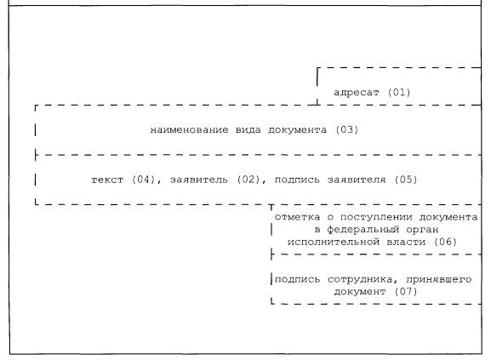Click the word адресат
pyautogui.click(x=357, y=93)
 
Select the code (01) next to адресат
pyautogui.click(x=399, y=93)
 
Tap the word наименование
pyautogui.click(x=190, y=130)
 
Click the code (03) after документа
pyautogui.click(x=346, y=129)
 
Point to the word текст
pyautogui.click(x=107, y=180)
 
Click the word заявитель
pyautogui.click(x=199, y=180)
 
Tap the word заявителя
pyautogui.click(x=357, y=180)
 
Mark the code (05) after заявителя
pyautogui.click(x=406, y=180)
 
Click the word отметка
pyautogui.click(x=298, y=217)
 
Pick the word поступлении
pyautogui.click(x=376, y=217)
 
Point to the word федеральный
pyautogui.click(x=363, y=230)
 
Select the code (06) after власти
pyautogui.click(x=445, y=242)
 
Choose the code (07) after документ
pyautogui.click(x=406, y=292)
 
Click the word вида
pyautogui.click(x=248, y=130)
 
